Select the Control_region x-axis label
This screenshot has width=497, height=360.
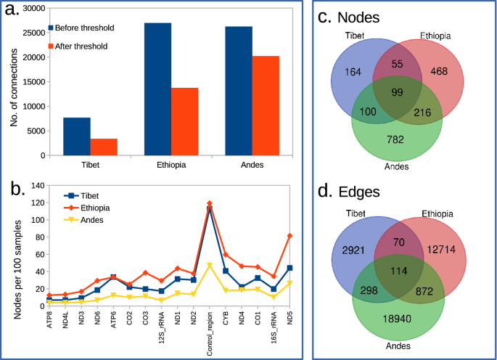pyautogui.click(x=210, y=332)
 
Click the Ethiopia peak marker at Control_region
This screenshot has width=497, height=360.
pyautogui.click(x=210, y=203)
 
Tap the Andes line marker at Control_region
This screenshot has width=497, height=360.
pyautogui.click(x=210, y=266)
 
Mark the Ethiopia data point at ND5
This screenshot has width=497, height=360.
pyautogui.click(x=289, y=236)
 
